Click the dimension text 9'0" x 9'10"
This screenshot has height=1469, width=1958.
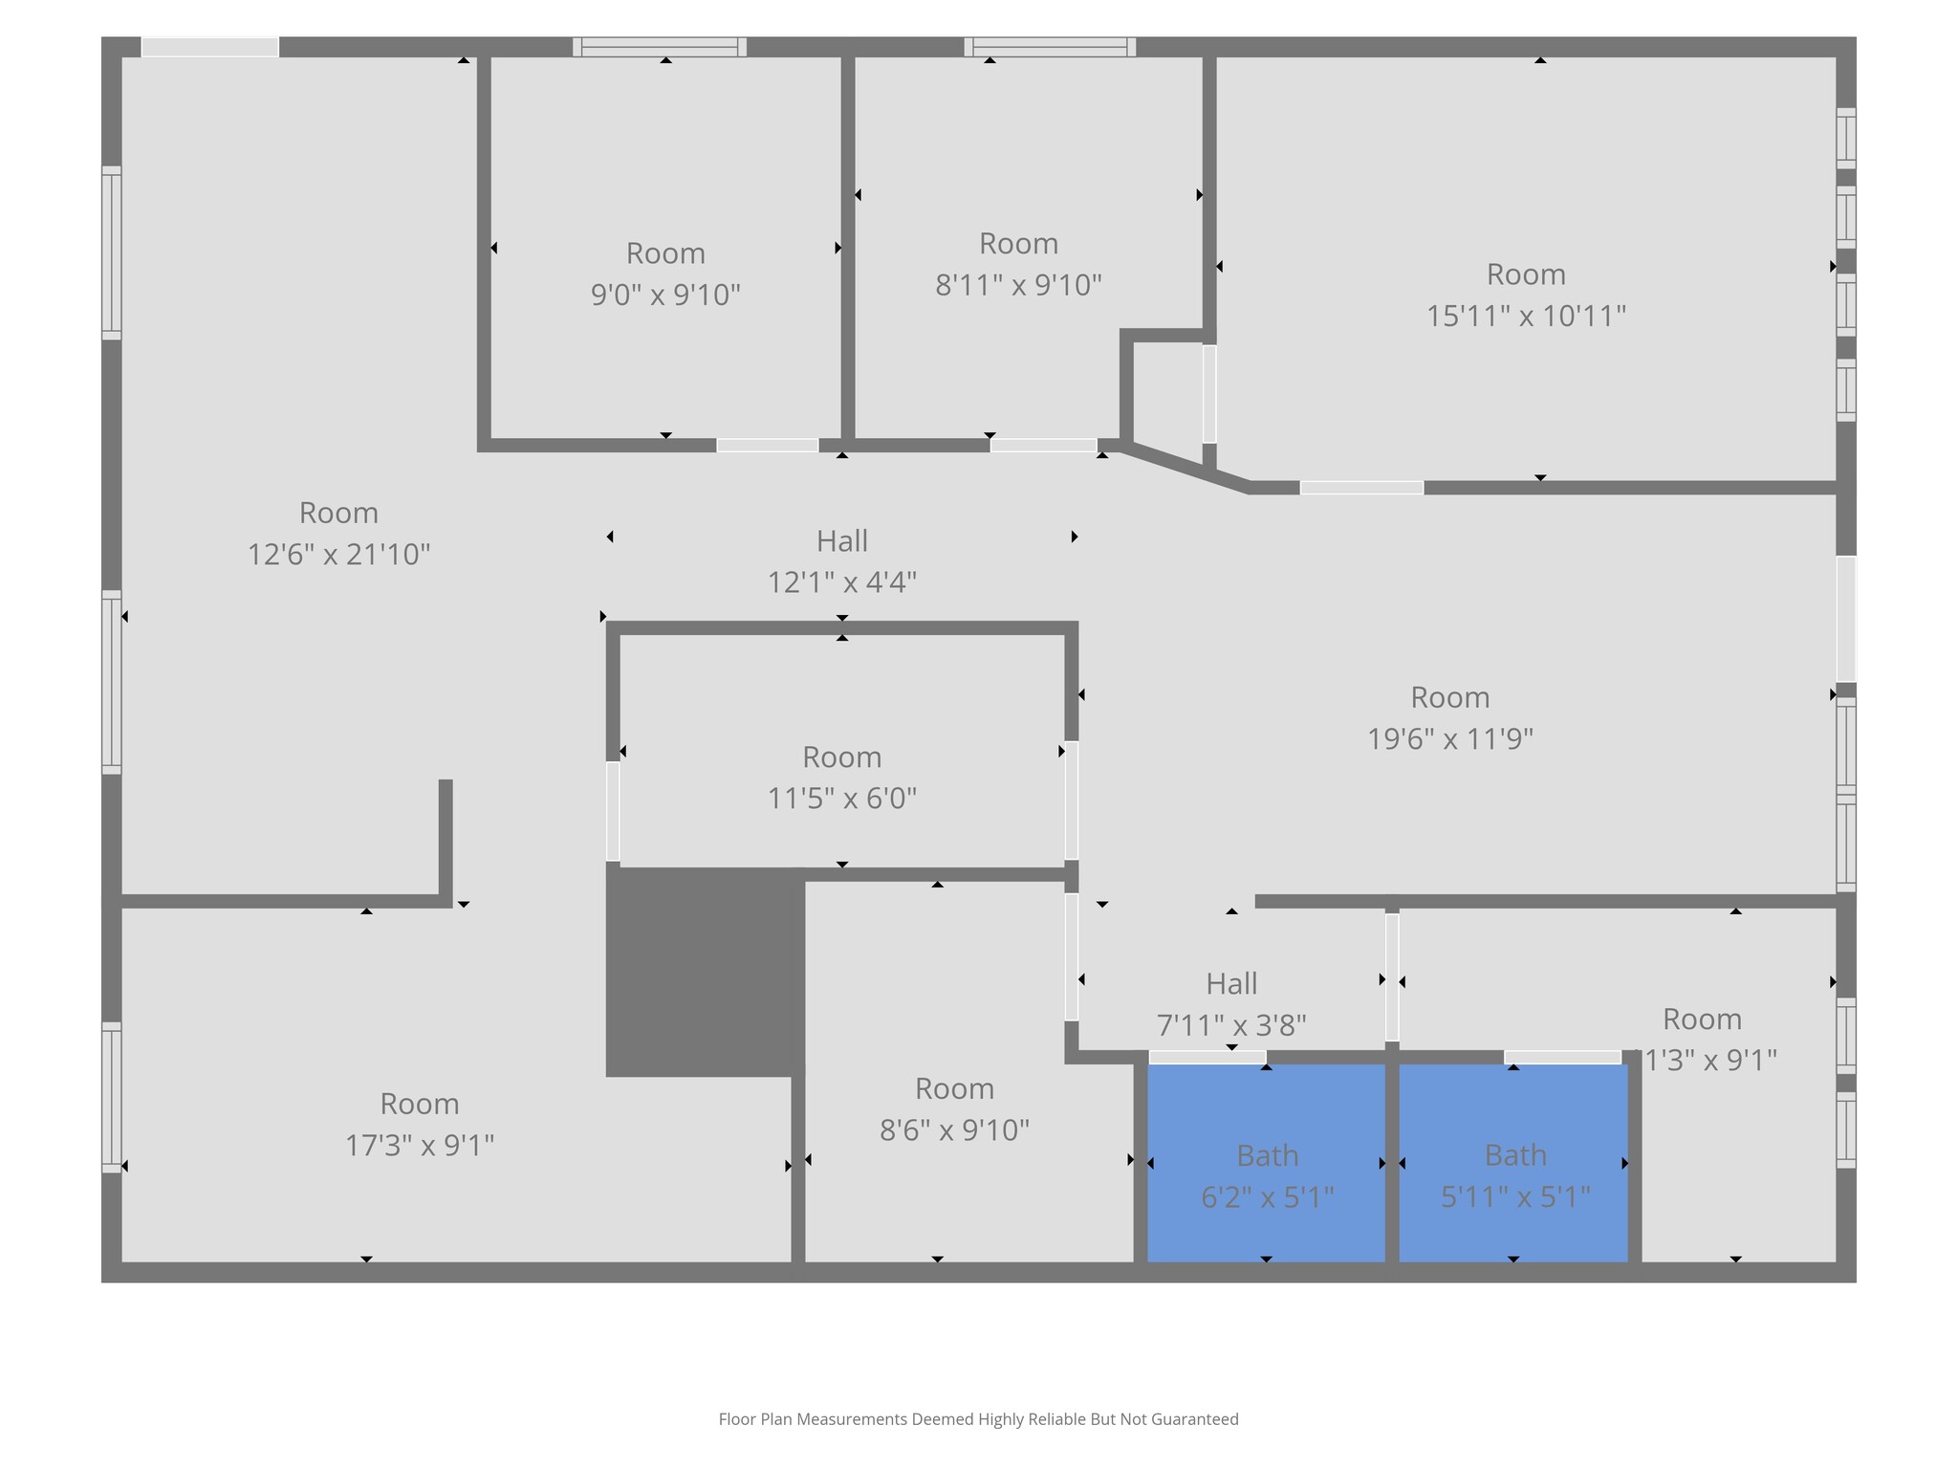tap(665, 295)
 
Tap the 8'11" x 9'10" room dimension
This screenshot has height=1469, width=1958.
tap(1018, 285)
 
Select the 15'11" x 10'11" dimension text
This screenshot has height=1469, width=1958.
tap(1526, 316)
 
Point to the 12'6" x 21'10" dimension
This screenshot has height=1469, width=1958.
tap(338, 554)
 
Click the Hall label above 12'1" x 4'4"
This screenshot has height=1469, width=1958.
tap(841, 541)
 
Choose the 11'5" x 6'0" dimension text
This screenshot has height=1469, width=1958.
tap(841, 798)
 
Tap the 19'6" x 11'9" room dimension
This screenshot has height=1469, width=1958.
tap(1449, 738)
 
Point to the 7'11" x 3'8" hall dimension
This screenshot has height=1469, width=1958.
tap(1231, 1025)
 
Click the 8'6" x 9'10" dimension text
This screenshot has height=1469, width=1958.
tap(954, 1129)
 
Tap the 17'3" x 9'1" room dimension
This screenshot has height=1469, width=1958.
tap(419, 1145)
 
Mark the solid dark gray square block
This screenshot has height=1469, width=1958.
tap(704, 971)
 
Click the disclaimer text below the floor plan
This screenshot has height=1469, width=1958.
tap(978, 1419)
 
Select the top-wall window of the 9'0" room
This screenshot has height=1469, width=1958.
tap(660, 47)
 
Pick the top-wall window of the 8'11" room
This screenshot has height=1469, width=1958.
tap(1050, 47)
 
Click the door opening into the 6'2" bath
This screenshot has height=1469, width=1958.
tap(1207, 1057)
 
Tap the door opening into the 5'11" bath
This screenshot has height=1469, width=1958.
tap(1562, 1057)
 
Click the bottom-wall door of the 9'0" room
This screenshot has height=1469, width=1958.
tap(767, 446)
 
